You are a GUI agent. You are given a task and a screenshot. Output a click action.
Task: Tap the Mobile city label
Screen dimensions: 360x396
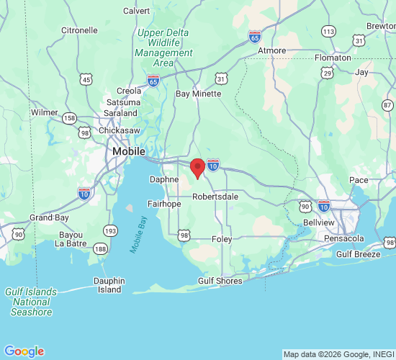128,152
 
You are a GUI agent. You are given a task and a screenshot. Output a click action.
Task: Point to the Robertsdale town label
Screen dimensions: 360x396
215,195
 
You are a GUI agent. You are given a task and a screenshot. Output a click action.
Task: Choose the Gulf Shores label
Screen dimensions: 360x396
220,281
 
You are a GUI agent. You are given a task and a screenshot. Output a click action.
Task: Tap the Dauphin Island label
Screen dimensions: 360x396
109,285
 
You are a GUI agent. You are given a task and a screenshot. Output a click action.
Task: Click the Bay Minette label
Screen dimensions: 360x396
199,94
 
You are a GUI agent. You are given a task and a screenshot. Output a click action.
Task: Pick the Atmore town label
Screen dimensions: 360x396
272,50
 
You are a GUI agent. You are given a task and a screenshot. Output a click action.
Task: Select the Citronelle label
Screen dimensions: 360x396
79,30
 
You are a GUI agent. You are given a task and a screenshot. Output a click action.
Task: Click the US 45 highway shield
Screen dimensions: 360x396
86,79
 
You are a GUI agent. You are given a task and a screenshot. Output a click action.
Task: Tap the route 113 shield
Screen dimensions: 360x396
329,31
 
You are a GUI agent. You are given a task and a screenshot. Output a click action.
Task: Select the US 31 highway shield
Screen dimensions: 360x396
221,78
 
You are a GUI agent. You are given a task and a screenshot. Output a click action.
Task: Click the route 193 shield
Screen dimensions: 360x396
110,230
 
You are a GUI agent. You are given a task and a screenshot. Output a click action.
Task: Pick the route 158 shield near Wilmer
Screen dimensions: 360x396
70,118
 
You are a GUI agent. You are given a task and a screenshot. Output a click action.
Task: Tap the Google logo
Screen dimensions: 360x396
24,351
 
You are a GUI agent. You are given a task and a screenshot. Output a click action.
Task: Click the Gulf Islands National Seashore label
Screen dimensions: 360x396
31,302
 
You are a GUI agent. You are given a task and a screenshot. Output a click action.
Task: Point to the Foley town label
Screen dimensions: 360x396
222,238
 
